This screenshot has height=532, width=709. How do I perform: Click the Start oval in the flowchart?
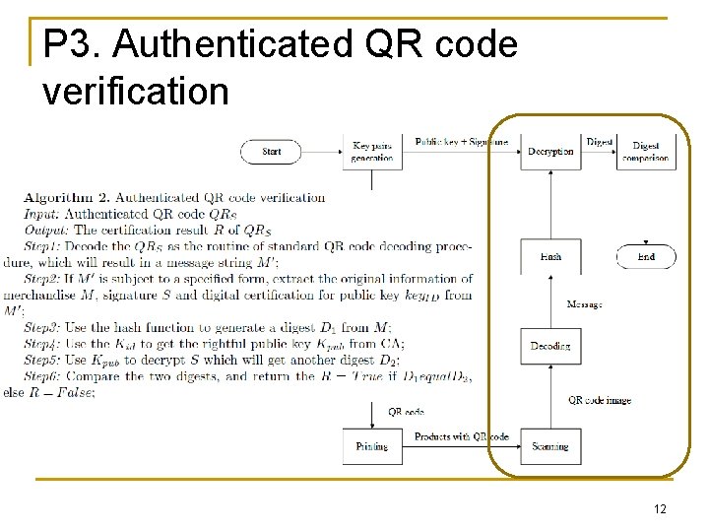[x=272, y=151]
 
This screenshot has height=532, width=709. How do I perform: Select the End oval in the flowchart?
[x=646, y=256]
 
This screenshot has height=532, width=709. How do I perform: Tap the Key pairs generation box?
[x=372, y=152]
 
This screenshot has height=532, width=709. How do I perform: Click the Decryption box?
[x=549, y=151]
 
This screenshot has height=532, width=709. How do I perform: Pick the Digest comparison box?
[x=646, y=152]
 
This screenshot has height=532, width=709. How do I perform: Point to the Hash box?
[x=550, y=256]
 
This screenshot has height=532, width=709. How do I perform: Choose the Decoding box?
[x=549, y=346]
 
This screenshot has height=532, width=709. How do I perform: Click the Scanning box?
[x=549, y=446]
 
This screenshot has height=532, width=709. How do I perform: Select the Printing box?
[x=372, y=446]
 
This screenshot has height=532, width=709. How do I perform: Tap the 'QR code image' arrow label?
[x=600, y=400]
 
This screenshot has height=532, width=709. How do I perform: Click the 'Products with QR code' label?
[x=461, y=436]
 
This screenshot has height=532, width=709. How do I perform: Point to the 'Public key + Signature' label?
[x=461, y=142]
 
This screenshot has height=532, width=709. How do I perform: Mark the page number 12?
[x=660, y=508]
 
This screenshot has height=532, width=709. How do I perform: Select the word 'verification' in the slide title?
[x=136, y=91]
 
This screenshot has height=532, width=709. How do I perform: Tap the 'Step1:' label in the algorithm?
[x=44, y=246]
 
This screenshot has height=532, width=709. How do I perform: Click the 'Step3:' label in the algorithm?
[x=44, y=327]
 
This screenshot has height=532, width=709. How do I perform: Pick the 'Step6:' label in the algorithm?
[x=44, y=376]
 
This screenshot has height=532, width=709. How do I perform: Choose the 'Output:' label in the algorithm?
[x=47, y=230]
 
